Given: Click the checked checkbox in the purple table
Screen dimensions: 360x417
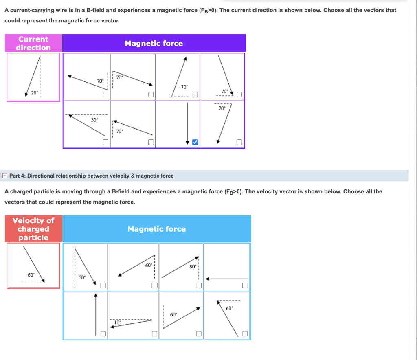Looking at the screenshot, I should (195, 142).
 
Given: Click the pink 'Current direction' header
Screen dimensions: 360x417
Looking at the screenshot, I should (33, 43).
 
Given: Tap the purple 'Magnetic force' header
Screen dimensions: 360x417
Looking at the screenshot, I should (154, 43).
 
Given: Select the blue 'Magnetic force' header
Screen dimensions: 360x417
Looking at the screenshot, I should (156, 229).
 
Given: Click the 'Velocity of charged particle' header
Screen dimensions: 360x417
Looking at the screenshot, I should (33, 229).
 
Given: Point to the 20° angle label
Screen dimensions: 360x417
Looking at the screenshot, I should (35, 93).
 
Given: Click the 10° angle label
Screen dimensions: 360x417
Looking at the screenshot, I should (117, 322).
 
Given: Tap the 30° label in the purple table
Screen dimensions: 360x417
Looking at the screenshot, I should (94, 120).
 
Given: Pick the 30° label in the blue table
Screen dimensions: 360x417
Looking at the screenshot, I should (82, 277).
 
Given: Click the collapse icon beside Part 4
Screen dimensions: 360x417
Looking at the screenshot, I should (4, 176).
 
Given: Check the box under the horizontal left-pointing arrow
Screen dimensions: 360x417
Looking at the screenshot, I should (245, 285).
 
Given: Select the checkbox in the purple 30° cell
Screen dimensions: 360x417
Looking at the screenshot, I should (105, 142).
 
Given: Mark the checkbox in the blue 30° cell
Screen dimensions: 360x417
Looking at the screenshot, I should (103, 285).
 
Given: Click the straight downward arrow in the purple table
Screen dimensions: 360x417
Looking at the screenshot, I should (187, 122).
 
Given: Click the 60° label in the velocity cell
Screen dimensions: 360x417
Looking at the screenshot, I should (31, 275).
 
